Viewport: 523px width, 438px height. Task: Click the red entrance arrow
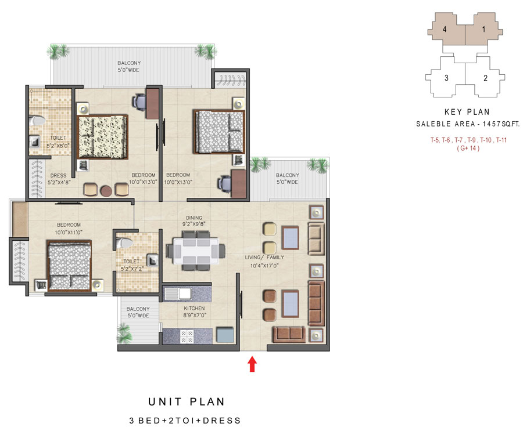click(x=252, y=364)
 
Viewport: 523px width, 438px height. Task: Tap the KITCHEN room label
click(x=194, y=309)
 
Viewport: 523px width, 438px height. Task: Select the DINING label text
click(x=194, y=218)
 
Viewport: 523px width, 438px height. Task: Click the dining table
click(x=196, y=251)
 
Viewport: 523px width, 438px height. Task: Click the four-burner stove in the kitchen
click(x=187, y=336)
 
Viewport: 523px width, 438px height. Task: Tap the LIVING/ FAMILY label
click(x=264, y=258)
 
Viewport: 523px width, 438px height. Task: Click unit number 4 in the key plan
click(x=445, y=30)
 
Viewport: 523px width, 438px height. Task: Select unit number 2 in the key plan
click(x=485, y=78)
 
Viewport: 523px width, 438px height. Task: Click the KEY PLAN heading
click(x=467, y=112)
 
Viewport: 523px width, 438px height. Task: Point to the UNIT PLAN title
click(x=187, y=401)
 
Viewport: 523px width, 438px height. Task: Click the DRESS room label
click(x=58, y=176)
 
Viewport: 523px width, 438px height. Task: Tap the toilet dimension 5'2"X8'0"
click(x=58, y=146)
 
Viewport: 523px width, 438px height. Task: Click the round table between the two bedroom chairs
click(x=106, y=191)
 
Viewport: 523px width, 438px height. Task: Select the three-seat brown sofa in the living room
click(x=316, y=303)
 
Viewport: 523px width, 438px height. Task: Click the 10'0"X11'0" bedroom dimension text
click(x=69, y=232)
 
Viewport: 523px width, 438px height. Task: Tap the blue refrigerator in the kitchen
click(x=225, y=335)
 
